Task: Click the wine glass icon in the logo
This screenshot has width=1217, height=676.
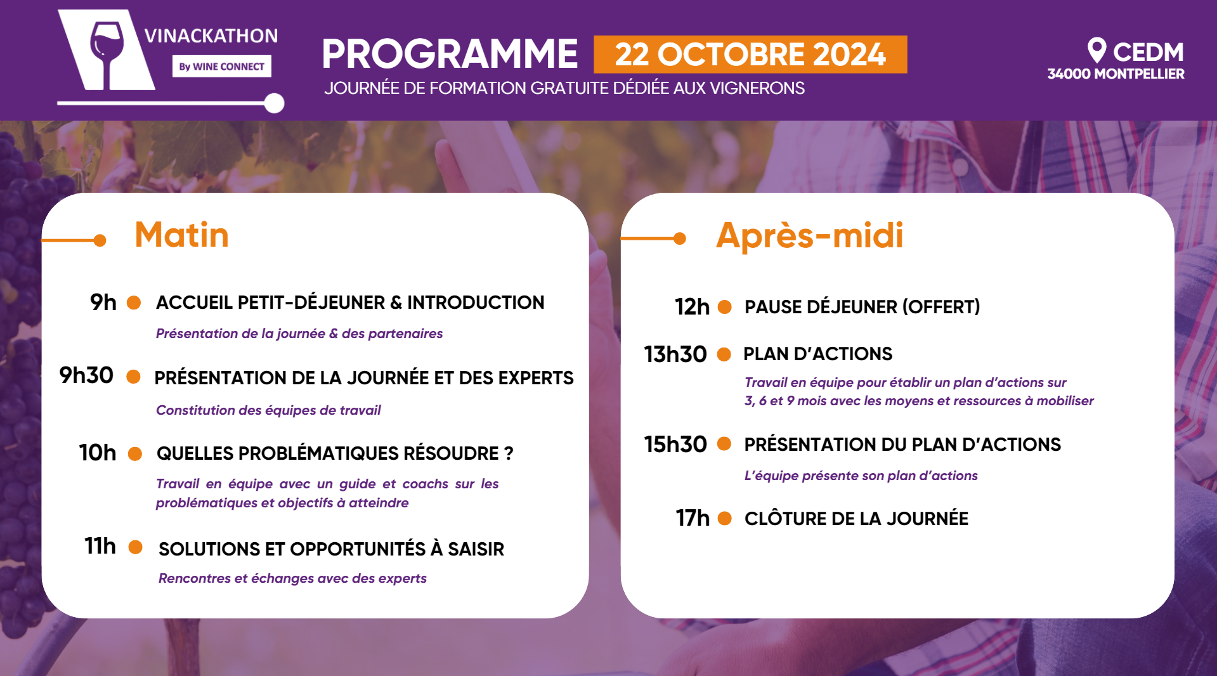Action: tap(107, 51)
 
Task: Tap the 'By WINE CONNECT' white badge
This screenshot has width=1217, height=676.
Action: tap(221, 67)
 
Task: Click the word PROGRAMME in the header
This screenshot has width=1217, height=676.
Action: tap(449, 54)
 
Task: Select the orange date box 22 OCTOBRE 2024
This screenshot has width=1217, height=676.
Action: tap(750, 55)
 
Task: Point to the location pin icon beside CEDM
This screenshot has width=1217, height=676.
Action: tap(1097, 49)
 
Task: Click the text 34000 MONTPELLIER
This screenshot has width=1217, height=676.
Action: tap(1116, 74)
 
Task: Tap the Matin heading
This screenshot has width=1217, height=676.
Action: tap(181, 235)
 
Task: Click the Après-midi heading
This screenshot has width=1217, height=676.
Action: tap(809, 236)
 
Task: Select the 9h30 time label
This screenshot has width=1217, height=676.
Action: tap(86, 375)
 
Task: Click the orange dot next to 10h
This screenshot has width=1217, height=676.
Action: tap(135, 453)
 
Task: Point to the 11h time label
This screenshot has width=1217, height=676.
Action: tap(100, 546)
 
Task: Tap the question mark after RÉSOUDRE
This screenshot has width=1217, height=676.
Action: tap(509, 453)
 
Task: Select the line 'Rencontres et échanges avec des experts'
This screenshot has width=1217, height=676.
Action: tap(292, 578)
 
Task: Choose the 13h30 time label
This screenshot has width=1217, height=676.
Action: tap(675, 354)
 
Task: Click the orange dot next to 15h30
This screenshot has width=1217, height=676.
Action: tap(724, 444)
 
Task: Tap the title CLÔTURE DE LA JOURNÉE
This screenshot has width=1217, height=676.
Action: tap(856, 519)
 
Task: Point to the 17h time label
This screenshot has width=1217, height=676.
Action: tap(693, 518)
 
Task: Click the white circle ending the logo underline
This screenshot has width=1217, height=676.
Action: tap(274, 103)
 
